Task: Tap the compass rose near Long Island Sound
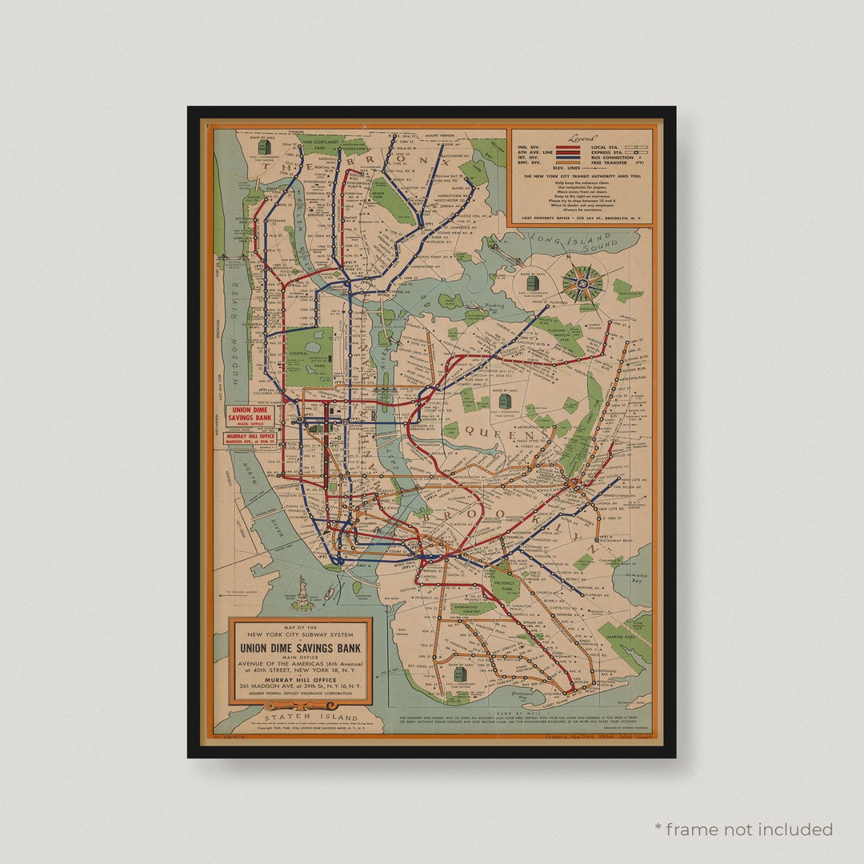(582, 283)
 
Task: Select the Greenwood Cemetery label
(472, 607)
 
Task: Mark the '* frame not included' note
(744, 829)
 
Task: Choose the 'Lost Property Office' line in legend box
(582, 218)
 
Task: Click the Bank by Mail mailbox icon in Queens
(503, 399)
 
